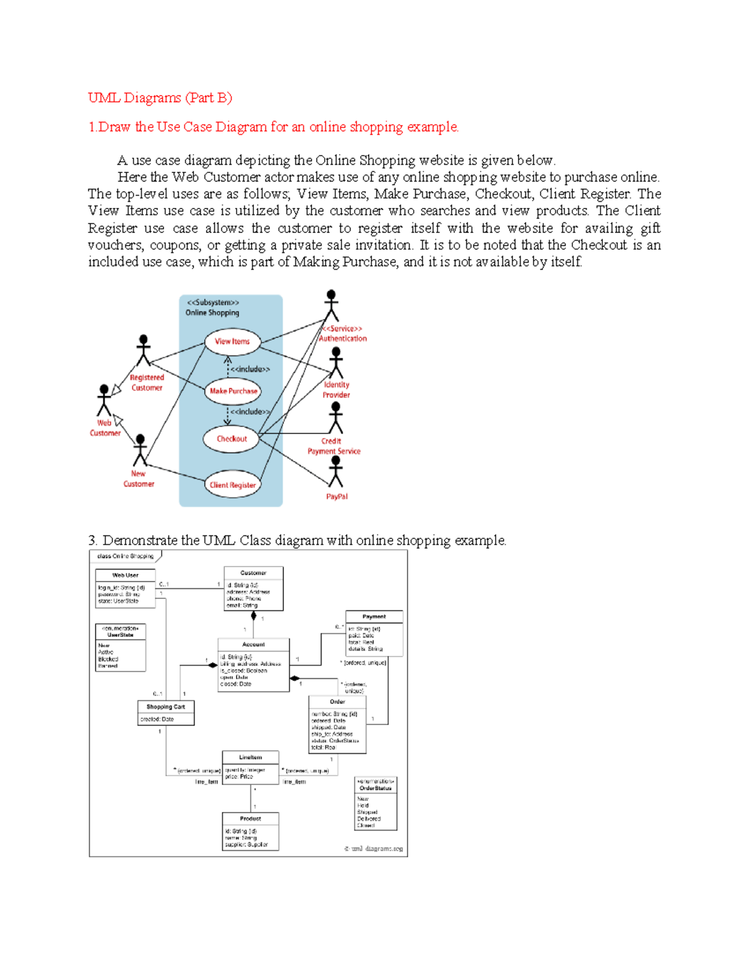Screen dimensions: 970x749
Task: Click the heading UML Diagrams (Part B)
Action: coord(160,97)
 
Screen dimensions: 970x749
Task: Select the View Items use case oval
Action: coord(232,342)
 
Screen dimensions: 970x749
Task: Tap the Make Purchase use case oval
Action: coord(233,391)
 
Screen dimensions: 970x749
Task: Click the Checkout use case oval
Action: coord(231,439)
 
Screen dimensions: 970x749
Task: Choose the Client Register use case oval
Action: coord(232,485)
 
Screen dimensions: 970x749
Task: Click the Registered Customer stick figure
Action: coord(144,351)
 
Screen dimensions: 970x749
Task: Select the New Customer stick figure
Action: coord(140,450)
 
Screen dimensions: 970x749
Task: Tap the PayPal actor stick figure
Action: coord(336,472)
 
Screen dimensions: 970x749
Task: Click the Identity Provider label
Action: coord(336,390)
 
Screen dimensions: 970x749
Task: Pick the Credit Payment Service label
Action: coord(333,446)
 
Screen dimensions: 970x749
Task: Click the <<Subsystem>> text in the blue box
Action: coord(213,303)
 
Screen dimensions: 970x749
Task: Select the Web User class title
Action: coord(125,575)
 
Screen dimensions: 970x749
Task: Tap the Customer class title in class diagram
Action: coord(253,573)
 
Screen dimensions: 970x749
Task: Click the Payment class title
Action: coord(374,616)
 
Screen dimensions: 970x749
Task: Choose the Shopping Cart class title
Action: coord(165,707)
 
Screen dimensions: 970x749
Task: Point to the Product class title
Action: coord(250,818)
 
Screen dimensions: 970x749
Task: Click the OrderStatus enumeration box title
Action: coord(375,788)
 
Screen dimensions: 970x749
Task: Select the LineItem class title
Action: coord(250,757)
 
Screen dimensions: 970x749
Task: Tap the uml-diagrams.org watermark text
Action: coord(374,849)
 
